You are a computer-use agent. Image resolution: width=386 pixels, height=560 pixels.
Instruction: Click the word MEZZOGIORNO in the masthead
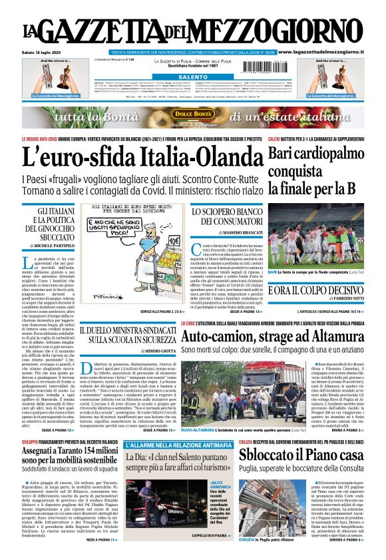(292, 31)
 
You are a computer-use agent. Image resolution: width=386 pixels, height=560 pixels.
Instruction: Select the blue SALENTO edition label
(193, 77)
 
